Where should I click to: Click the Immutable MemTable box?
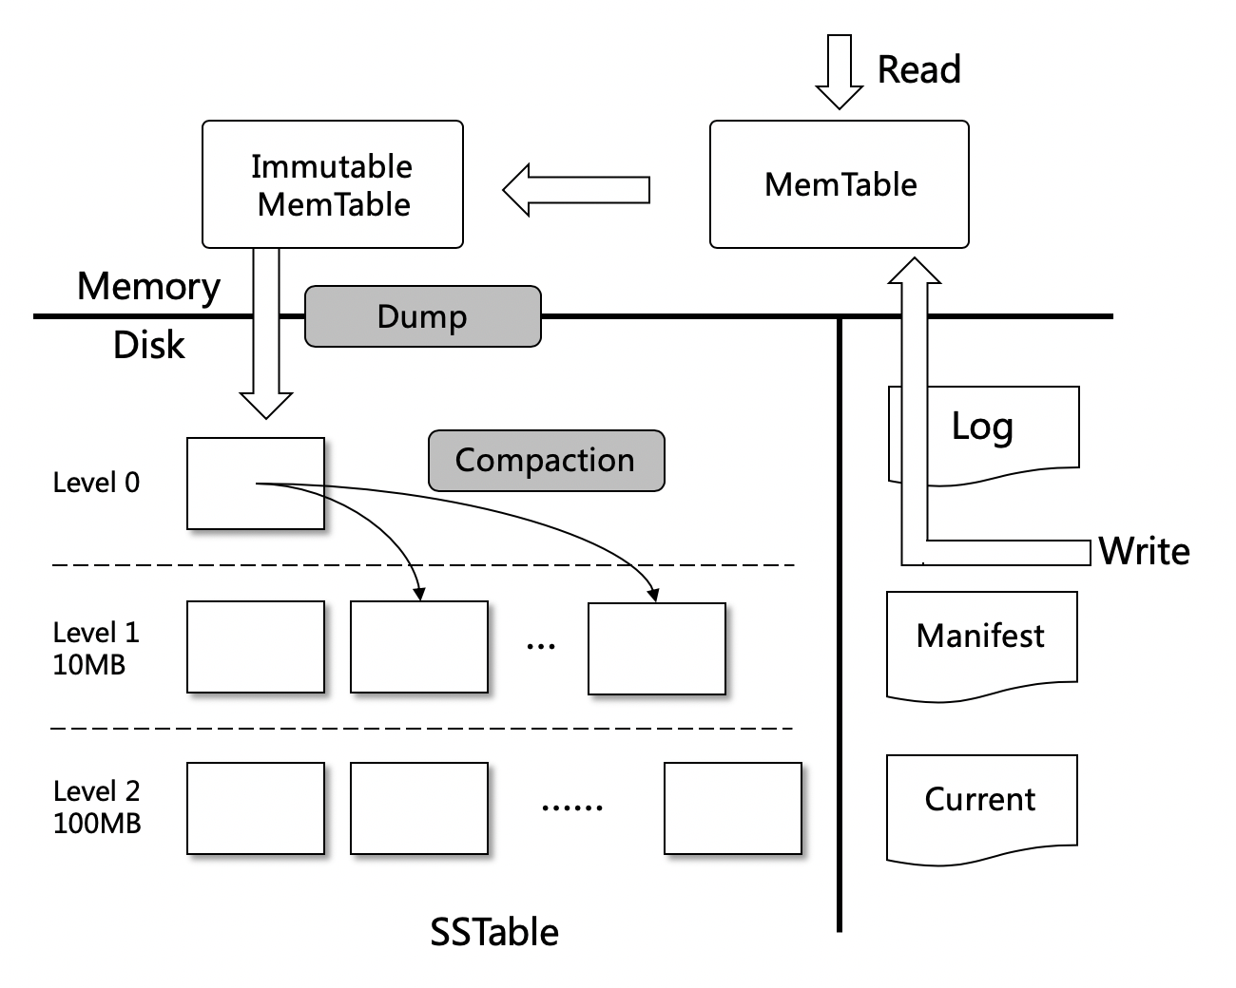(x=333, y=184)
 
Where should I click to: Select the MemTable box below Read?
(x=840, y=184)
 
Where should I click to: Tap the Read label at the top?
(x=918, y=69)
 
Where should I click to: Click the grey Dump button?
(x=422, y=316)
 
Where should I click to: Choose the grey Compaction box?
(x=546, y=461)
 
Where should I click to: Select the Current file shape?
(x=981, y=801)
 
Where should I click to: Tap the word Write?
(x=1144, y=552)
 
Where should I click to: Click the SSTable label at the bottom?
(x=494, y=932)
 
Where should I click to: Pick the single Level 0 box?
(x=256, y=484)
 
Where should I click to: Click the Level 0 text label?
(x=96, y=483)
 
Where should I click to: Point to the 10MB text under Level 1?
(x=89, y=665)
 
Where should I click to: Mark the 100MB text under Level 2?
(x=97, y=823)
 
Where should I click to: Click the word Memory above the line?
(x=148, y=286)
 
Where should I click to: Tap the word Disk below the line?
(x=148, y=345)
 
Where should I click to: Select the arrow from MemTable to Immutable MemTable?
(x=576, y=190)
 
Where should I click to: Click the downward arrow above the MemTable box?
(x=839, y=72)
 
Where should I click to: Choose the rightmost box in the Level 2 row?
(x=732, y=808)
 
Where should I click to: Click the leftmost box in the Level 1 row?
(x=256, y=647)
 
